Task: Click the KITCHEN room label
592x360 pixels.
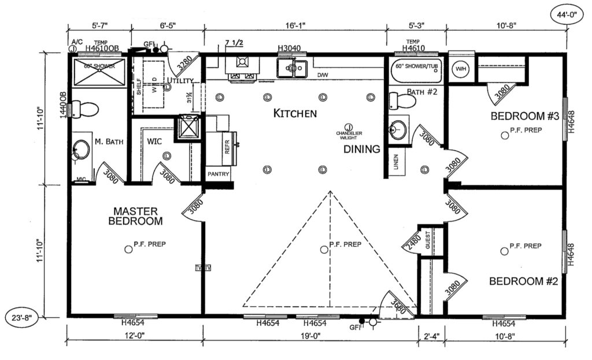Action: coord(295,113)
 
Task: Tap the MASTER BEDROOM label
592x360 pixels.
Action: coord(138,216)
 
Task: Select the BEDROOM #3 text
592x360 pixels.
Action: coord(524,116)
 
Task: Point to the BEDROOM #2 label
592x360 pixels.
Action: coord(523,281)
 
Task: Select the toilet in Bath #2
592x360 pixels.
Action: coord(403,101)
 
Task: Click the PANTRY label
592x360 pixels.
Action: coord(219,174)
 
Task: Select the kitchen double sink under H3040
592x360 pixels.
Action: coord(292,68)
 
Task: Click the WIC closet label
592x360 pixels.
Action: coord(154,140)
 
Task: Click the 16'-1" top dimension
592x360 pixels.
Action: coord(295,25)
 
